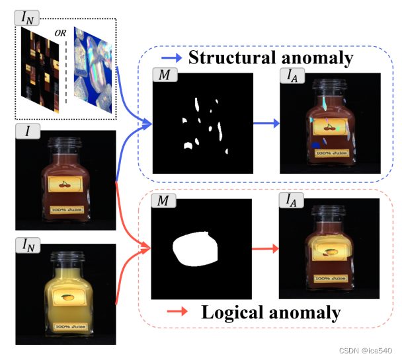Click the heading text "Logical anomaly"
[x=271, y=312]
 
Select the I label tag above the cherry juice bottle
[x=28, y=131]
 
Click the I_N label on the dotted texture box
[x=27, y=18]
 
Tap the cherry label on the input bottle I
[x=65, y=186]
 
